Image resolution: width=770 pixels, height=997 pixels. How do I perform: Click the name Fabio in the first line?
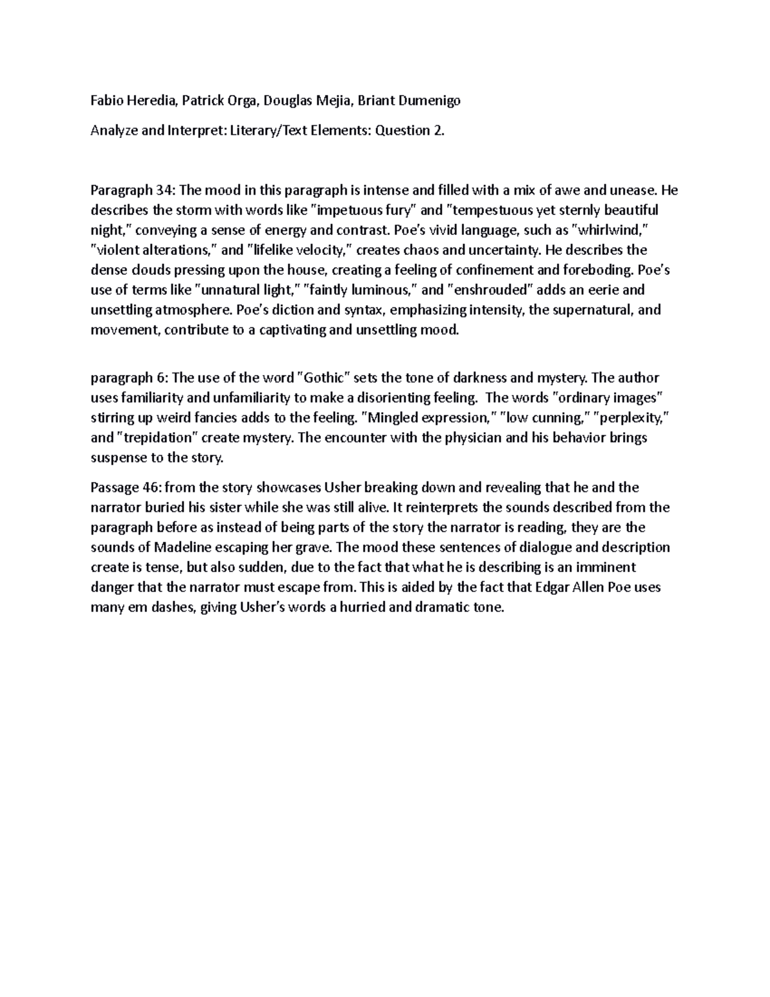105,101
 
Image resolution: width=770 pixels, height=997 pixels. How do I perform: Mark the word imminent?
604,568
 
